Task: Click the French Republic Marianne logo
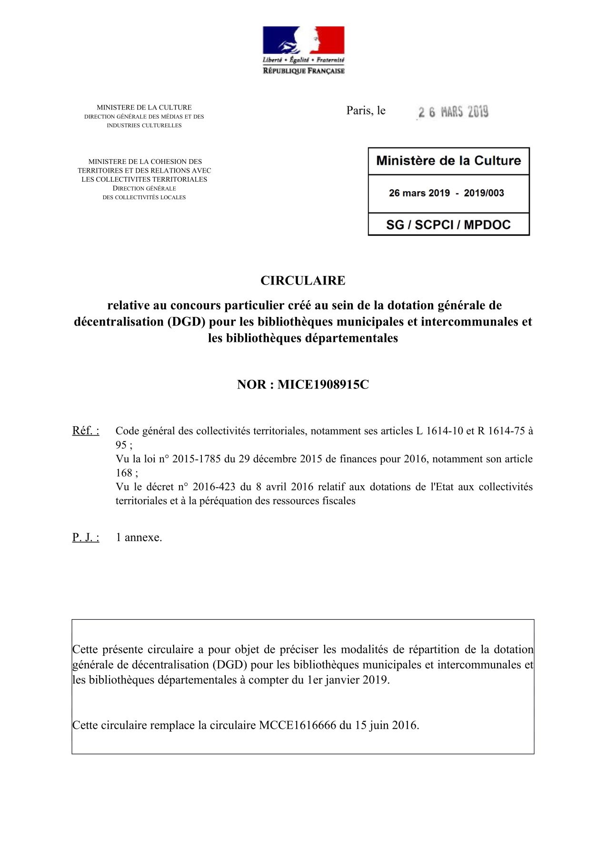point(303,50)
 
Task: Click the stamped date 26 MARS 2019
point(453,112)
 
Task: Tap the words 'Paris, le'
point(366,111)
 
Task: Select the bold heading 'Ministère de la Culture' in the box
point(448,161)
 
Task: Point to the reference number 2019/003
point(484,193)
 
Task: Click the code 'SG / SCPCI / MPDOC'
point(448,225)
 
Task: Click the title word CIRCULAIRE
point(303,280)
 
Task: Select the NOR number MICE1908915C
point(323,385)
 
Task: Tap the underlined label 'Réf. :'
point(86,431)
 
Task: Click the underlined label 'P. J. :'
point(86,538)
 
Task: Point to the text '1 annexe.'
point(139,538)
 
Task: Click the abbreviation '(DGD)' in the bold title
point(186,322)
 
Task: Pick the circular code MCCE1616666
point(298,725)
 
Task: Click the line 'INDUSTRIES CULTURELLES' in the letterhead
point(144,125)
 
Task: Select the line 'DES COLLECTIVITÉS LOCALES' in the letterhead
point(144,197)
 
